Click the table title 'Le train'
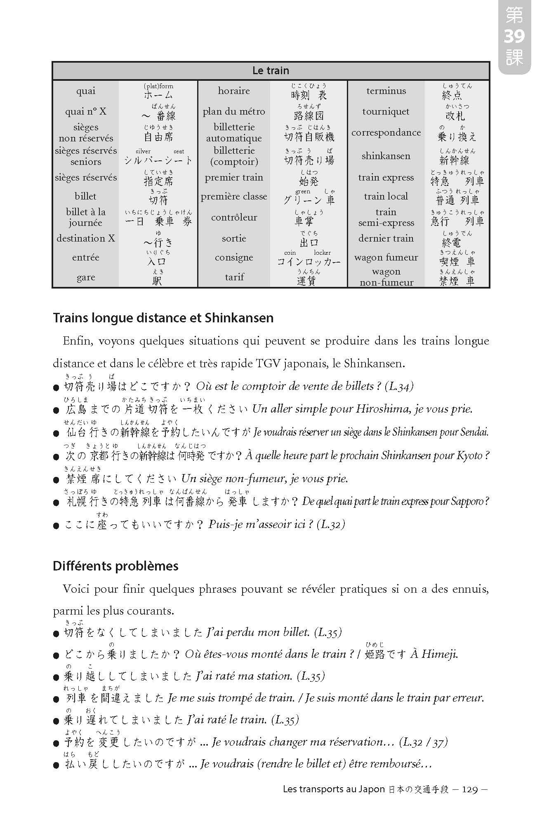point(271,70)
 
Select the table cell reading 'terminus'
point(386,91)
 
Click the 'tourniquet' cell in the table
point(386,111)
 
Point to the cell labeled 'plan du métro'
point(234,111)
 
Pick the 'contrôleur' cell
point(234,217)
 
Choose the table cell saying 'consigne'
point(234,257)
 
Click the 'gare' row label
point(86,277)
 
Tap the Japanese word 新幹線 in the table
point(455,160)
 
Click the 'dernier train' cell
point(386,238)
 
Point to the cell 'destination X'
point(86,238)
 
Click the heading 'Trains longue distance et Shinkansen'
point(163,318)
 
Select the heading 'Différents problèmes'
point(115,566)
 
